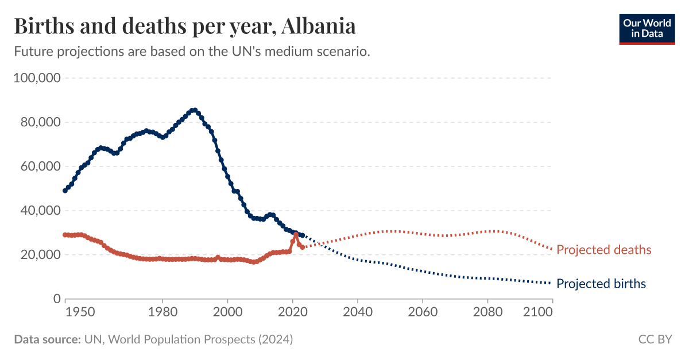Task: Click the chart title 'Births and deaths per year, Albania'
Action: coord(184,26)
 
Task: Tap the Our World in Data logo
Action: coord(647,28)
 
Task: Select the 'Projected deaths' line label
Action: coord(603,250)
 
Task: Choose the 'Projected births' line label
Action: coord(601,284)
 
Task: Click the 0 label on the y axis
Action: coord(56,299)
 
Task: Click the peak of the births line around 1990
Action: coord(195,110)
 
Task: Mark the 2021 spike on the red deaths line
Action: coord(296,234)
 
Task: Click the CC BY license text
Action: coord(655,339)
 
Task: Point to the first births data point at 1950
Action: coord(65,191)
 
